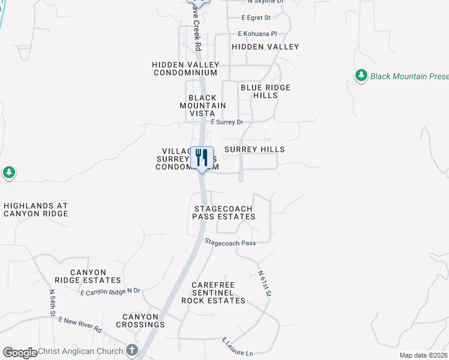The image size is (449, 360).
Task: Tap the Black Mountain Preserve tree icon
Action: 361,76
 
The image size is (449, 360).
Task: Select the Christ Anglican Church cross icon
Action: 132,350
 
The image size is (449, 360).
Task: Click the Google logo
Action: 20,353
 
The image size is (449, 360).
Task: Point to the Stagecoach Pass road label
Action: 231,243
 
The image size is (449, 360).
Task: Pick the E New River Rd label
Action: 80,325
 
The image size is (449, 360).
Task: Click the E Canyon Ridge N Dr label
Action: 110,292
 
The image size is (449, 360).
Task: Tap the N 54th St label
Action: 53,303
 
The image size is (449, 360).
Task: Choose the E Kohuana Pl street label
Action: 258,34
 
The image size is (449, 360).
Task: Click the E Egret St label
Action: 256,18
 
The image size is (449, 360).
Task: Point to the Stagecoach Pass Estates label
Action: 224,212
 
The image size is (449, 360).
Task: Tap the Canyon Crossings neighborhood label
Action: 143,320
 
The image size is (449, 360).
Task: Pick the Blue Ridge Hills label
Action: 265,91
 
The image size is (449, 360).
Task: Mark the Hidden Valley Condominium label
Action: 184,68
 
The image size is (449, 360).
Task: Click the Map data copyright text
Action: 424,355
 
